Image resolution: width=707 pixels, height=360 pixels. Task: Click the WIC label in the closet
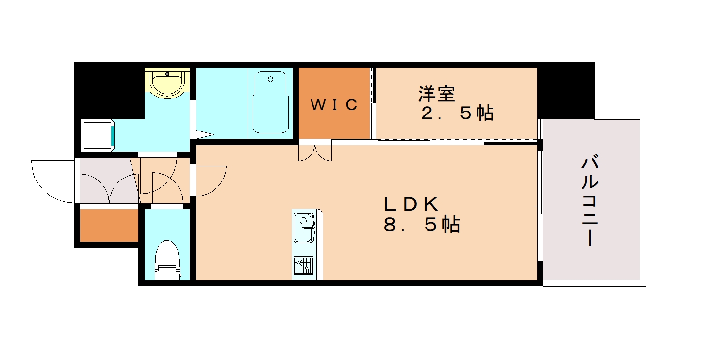pyautogui.click(x=334, y=104)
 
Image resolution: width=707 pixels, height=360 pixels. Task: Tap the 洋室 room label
pyautogui.click(x=437, y=94)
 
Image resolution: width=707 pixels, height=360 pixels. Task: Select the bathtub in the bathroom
pyautogui.click(x=271, y=102)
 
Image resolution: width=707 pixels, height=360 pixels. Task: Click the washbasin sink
pyautogui.click(x=167, y=82)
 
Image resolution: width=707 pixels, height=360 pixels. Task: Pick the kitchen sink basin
pyautogui.click(x=304, y=229)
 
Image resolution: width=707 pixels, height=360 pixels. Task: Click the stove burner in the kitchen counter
pyautogui.click(x=303, y=266)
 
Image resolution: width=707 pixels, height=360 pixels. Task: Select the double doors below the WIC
pyautogui.click(x=315, y=152)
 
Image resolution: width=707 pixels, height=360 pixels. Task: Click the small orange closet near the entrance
pyautogui.click(x=109, y=225)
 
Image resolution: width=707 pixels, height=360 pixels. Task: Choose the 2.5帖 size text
pyautogui.click(x=457, y=113)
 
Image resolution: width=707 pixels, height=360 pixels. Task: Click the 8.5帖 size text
pyautogui.click(x=422, y=225)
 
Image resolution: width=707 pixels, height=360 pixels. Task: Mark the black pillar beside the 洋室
pyautogui.click(x=566, y=90)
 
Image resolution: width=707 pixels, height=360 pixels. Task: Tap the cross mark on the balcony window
pyautogui.click(x=540, y=206)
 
